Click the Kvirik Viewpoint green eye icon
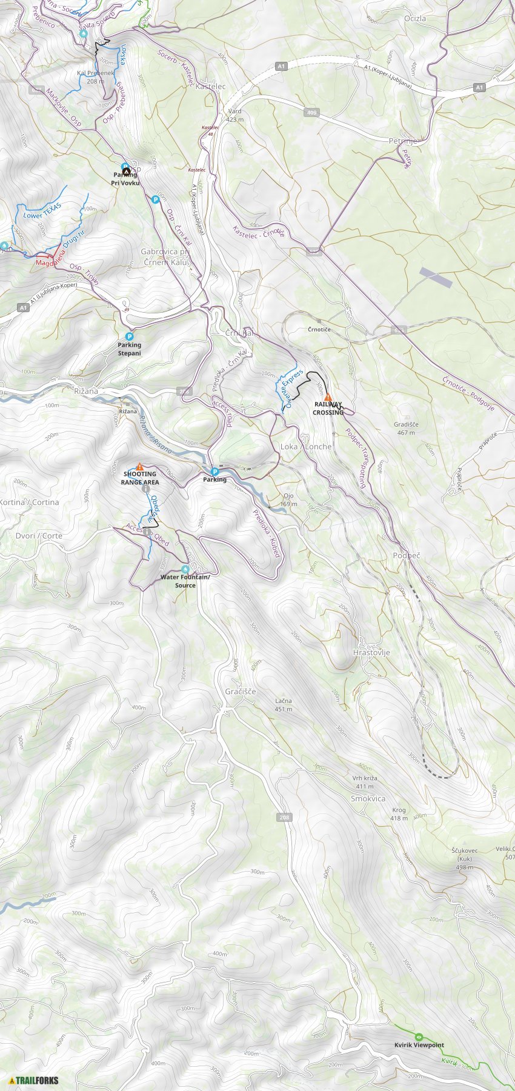(x=419, y=1036)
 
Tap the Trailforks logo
(x=34, y=1080)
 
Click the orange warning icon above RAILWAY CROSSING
(x=328, y=398)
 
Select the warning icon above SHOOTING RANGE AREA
(x=140, y=467)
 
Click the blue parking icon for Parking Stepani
(x=129, y=336)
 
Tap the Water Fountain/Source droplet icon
(x=185, y=569)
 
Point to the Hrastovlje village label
(x=371, y=653)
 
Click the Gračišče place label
(x=241, y=692)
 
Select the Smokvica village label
(x=368, y=799)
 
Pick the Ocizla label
(x=415, y=19)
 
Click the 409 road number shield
(x=312, y=112)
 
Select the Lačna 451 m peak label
(x=284, y=705)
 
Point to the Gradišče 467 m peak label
(x=406, y=429)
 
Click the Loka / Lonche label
(x=306, y=447)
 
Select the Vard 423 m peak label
(x=235, y=116)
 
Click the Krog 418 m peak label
(x=399, y=814)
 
